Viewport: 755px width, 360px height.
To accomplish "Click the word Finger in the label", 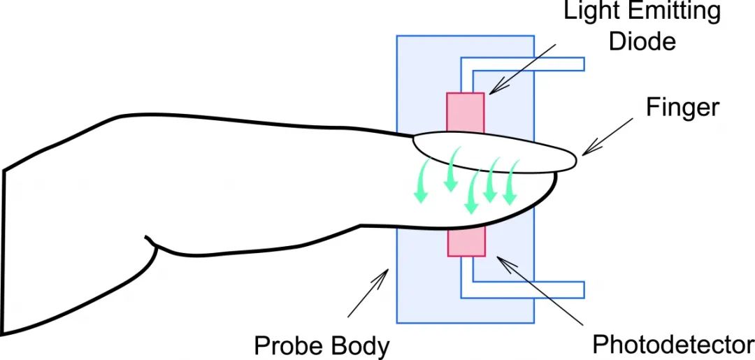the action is coord(682,108).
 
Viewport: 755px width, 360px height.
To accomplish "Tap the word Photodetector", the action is coord(673,344).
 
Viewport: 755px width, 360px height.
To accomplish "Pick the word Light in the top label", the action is coord(587,12).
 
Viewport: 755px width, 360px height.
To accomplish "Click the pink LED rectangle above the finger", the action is coord(465,112).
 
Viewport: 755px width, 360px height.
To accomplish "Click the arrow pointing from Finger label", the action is coord(607,137).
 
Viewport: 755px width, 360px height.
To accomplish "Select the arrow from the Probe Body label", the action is coord(368,293).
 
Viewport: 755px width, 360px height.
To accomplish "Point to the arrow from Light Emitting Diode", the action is coord(522,69).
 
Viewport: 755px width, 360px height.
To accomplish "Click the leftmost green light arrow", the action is coord(422,181).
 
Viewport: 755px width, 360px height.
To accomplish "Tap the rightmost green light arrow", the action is coord(511,182).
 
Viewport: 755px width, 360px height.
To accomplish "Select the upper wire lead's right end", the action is coord(584,64).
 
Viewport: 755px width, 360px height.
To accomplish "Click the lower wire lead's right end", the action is coord(584,289).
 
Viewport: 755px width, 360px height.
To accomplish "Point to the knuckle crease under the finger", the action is coord(152,243).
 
